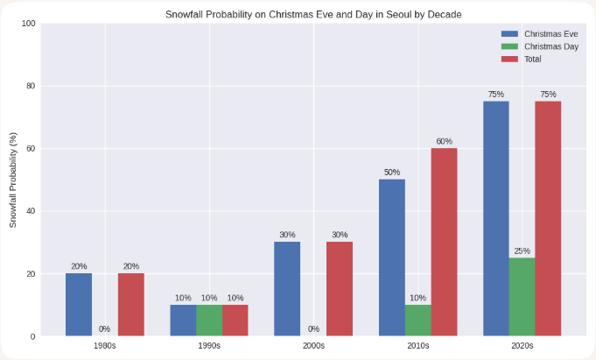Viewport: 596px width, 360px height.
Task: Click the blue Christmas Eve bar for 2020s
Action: [x=496, y=219]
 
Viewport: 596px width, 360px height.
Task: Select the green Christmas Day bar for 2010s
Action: [x=417, y=321]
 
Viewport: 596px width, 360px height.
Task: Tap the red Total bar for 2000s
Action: [x=340, y=289]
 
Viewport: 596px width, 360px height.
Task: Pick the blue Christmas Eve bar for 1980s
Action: [x=79, y=305]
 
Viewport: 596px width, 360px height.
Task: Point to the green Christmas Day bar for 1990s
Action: [x=209, y=321]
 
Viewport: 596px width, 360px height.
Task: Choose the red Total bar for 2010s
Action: [x=444, y=242]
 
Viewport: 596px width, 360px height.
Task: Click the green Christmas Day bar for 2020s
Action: [x=522, y=297]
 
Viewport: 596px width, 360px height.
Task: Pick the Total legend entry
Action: [x=522, y=59]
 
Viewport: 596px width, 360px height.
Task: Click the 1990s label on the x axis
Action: [x=209, y=347]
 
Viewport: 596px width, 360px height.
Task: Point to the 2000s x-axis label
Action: [x=313, y=347]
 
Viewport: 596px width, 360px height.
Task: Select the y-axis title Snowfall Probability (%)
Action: [x=13, y=180]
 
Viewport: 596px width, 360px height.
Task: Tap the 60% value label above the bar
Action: [x=444, y=141]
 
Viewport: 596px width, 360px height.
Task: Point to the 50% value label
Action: [x=392, y=173]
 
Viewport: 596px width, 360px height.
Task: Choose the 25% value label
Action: [x=522, y=251]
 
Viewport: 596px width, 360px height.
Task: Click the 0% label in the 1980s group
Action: [x=105, y=329]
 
